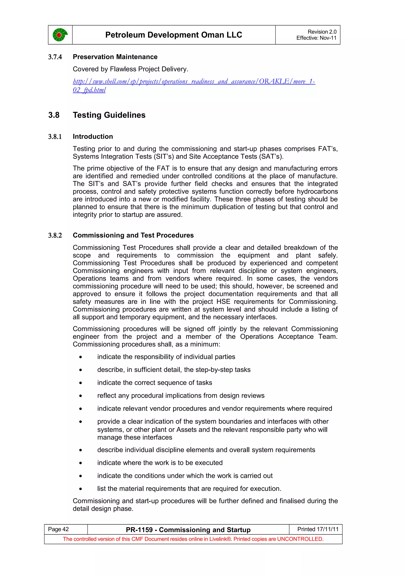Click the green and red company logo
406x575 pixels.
[x=60, y=35]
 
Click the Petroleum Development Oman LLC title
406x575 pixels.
[x=174, y=35]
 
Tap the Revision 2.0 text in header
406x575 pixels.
[x=322, y=32]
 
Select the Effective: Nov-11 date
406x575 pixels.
[x=316, y=38]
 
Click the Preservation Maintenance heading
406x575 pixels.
[x=115, y=57]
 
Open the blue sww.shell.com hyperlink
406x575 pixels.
[x=194, y=82]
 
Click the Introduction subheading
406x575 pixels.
[x=93, y=137]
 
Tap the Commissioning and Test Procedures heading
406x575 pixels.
[x=133, y=235]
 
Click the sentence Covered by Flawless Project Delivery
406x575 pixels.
[x=130, y=69]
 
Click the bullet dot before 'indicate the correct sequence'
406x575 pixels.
[x=80, y=383]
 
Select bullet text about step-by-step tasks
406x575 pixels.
[x=174, y=370]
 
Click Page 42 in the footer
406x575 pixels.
[x=58, y=529]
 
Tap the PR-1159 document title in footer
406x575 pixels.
[x=188, y=530]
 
